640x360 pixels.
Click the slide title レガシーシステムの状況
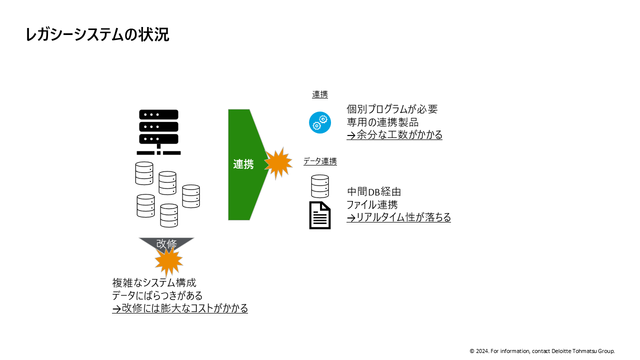(x=97, y=34)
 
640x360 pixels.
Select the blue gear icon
(x=320, y=122)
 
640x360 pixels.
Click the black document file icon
(x=320, y=215)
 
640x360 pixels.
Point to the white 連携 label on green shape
(x=243, y=164)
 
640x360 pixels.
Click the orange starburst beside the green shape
(x=277, y=162)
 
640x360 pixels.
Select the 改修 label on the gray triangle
(x=166, y=244)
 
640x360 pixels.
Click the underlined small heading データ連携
(x=320, y=161)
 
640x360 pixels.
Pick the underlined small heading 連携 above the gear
(x=320, y=94)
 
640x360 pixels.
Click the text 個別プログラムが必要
(x=392, y=109)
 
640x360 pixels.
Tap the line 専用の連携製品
(x=382, y=122)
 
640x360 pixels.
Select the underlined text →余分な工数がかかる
(x=394, y=135)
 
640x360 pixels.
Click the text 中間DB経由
(x=374, y=191)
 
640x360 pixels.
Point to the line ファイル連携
(x=372, y=204)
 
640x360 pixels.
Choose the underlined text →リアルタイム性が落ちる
(x=398, y=217)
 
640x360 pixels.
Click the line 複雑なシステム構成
(x=154, y=282)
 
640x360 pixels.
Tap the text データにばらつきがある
(x=157, y=295)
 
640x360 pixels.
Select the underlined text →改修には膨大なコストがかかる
(x=180, y=308)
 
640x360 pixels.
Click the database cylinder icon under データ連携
(x=320, y=186)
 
